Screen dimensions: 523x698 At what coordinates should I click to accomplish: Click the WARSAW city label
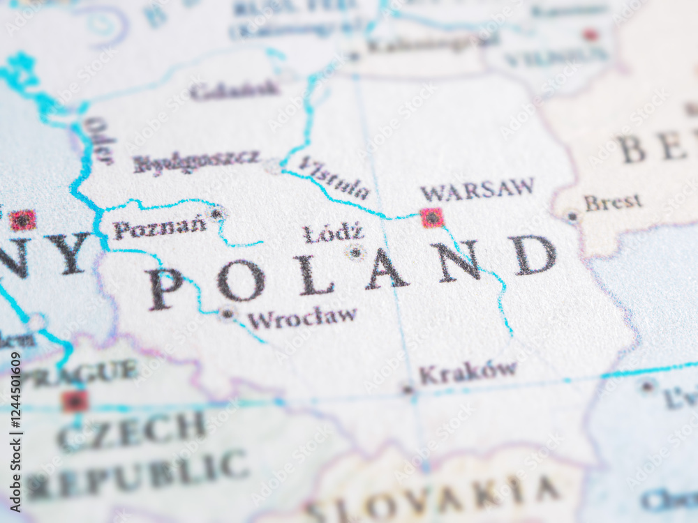click(477, 190)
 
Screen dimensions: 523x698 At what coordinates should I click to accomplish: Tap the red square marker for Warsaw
click(432, 218)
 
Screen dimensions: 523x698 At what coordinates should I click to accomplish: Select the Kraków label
click(468, 372)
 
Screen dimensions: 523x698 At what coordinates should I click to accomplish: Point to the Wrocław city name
click(302, 318)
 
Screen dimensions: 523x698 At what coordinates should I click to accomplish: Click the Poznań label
click(159, 228)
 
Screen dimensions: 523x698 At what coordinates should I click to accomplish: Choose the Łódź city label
click(334, 233)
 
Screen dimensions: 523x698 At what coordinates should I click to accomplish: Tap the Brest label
click(613, 202)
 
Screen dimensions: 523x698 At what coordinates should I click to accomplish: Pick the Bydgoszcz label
click(196, 162)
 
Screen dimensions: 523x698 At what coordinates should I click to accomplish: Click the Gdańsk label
click(234, 90)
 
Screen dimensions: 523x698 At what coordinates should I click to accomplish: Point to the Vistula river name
click(334, 179)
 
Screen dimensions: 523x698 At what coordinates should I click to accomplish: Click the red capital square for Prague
click(75, 401)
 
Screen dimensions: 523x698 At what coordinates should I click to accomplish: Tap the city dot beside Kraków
click(408, 389)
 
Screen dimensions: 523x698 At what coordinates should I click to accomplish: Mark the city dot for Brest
click(572, 216)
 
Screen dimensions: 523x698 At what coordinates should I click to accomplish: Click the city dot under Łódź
click(356, 252)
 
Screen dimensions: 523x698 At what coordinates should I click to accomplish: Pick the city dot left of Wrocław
click(227, 314)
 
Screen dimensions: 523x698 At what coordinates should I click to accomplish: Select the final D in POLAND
click(535, 255)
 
